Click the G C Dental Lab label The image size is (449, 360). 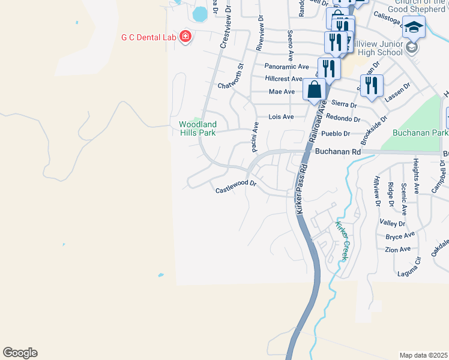click(148, 37)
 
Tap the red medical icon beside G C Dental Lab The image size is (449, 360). click(185, 37)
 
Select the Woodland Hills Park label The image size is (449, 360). click(197, 128)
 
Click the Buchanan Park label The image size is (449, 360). click(420, 133)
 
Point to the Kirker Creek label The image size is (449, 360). click(341, 241)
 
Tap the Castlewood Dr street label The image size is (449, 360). click(236, 190)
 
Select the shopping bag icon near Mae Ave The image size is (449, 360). click(314, 91)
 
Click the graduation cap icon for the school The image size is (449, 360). click(413, 28)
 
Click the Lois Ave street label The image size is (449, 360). click(281, 116)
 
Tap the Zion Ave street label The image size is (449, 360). click(398, 249)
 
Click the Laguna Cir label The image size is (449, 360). click(409, 274)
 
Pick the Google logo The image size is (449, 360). click(20, 353)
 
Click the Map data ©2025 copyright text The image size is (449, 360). click(424, 355)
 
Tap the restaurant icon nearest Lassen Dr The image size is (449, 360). click(372, 86)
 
